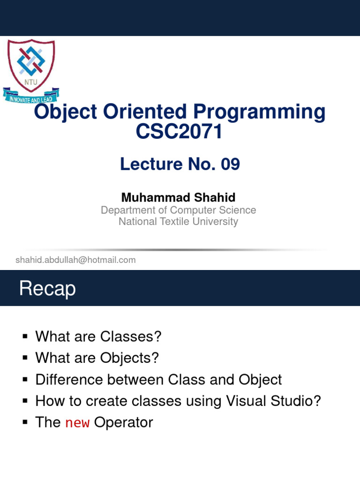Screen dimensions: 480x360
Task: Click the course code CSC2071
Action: pyautogui.click(x=179, y=132)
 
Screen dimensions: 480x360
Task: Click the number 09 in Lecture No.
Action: pyautogui.click(x=230, y=164)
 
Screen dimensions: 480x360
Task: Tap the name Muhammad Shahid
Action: pyautogui.click(x=178, y=197)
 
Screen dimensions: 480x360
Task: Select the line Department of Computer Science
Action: pyautogui.click(x=178, y=210)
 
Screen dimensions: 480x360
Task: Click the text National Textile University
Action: pyautogui.click(x=178, y=222)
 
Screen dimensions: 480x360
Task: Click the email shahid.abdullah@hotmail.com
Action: pyautogui.click(x=75, y=260)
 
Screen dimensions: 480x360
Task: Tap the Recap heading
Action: pyautogui.click(x=47, y=289)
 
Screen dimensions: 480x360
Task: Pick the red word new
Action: pyautogui.click(x=77, y=423)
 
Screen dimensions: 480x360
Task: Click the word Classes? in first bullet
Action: pyautogui.click(x=130, y=337)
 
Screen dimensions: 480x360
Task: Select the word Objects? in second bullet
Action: pyautogui.click(x=129, y=358)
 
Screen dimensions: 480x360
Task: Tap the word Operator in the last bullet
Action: pyautogui.click(x=124, y=423)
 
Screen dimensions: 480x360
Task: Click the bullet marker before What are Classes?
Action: pyautogui.click(x=25, y=337)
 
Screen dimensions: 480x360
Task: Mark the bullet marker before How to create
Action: pyautogui.click(x=25, y=401)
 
